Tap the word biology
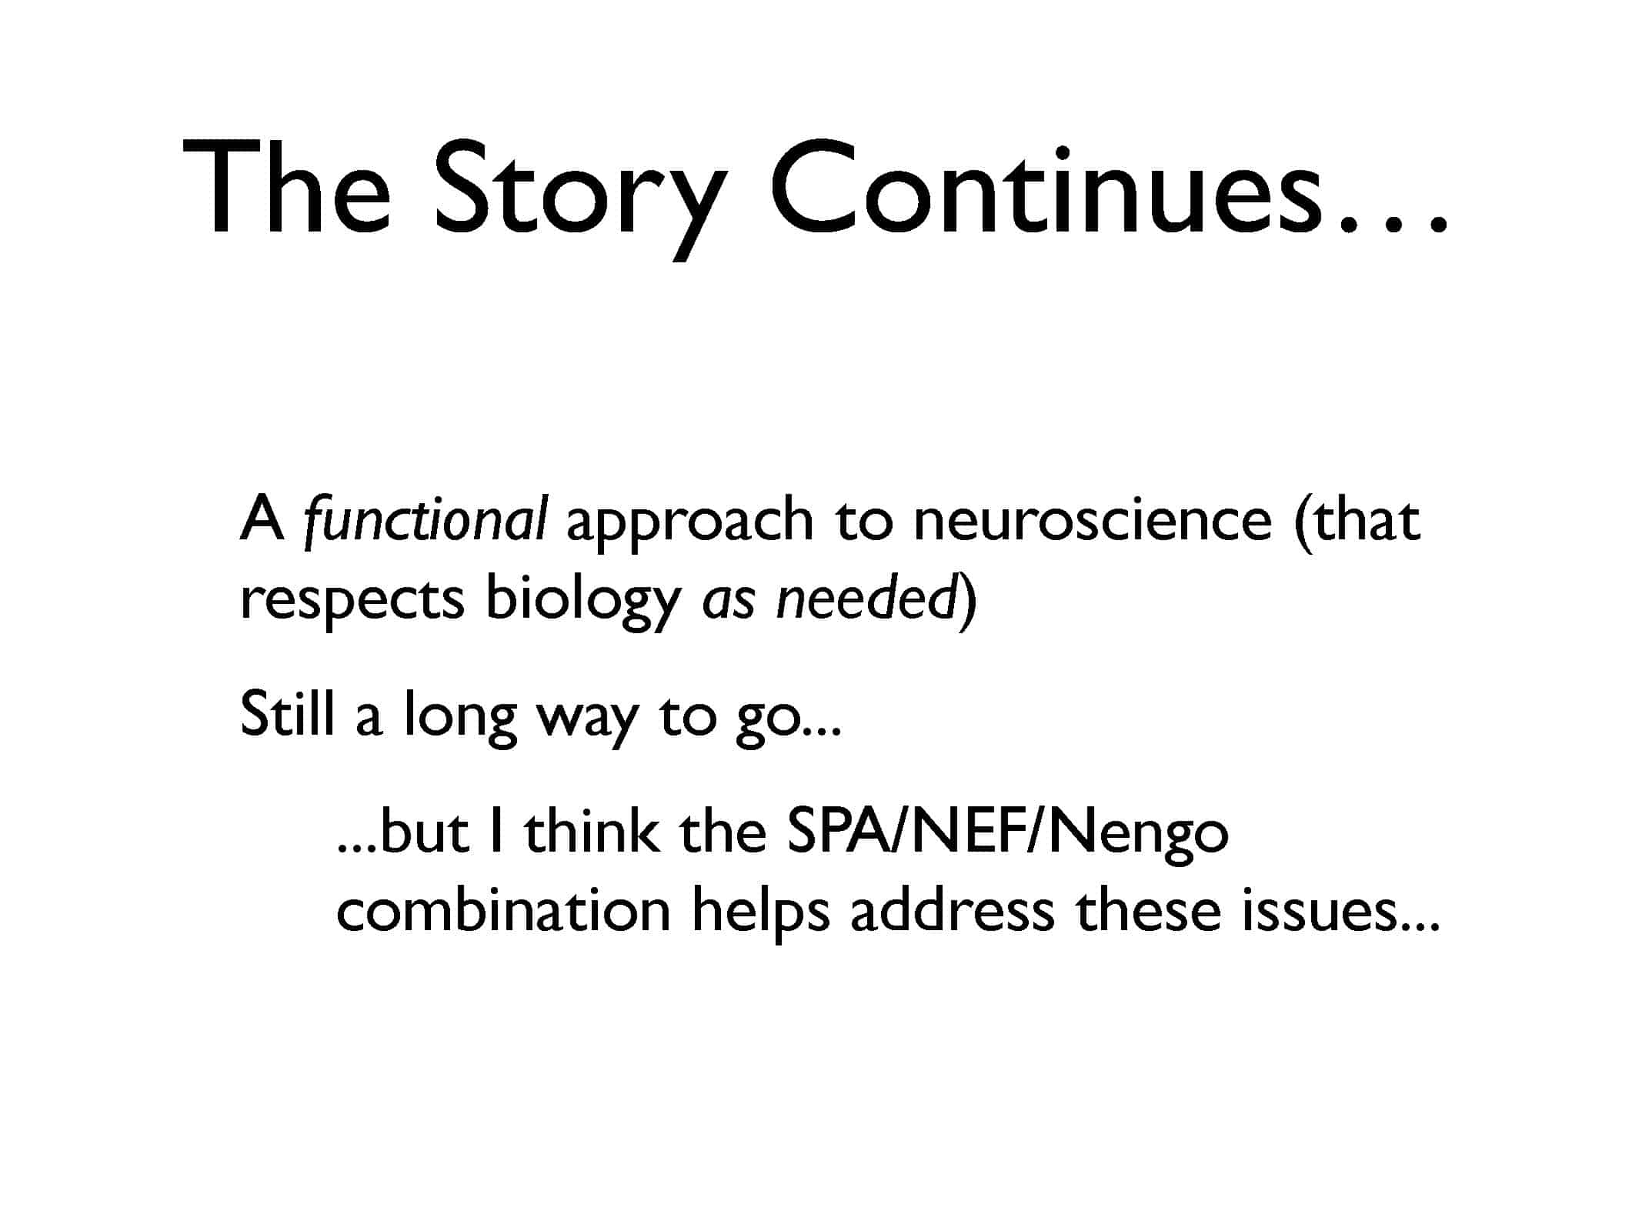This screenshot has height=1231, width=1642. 582,600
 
